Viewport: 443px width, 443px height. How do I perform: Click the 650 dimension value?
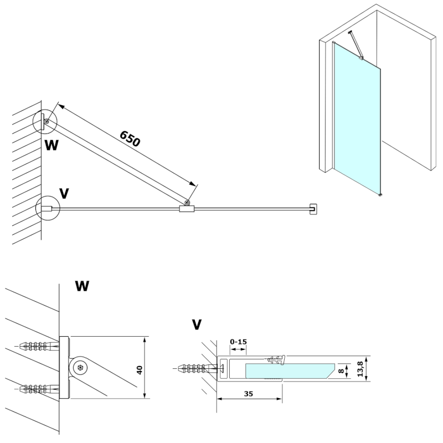click(x=130, y=138)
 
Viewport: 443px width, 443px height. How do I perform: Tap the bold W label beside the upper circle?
click(x=51, y=145)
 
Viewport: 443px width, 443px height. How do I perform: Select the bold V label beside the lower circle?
click(x=64, y=193)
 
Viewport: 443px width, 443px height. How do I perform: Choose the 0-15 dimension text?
click(x=238, y=342)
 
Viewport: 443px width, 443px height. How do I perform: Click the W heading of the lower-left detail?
click(x=82, y=286)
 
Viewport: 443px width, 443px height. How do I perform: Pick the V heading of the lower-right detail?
click(x=196, y=324)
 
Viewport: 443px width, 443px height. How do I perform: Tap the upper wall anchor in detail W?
click(x=39, y=347)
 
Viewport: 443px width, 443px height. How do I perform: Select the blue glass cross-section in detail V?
click(x=288, y=370)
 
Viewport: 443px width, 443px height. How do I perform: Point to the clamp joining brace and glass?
click(x=187, y=208)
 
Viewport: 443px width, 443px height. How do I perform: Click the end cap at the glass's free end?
click(x=313, y=208)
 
